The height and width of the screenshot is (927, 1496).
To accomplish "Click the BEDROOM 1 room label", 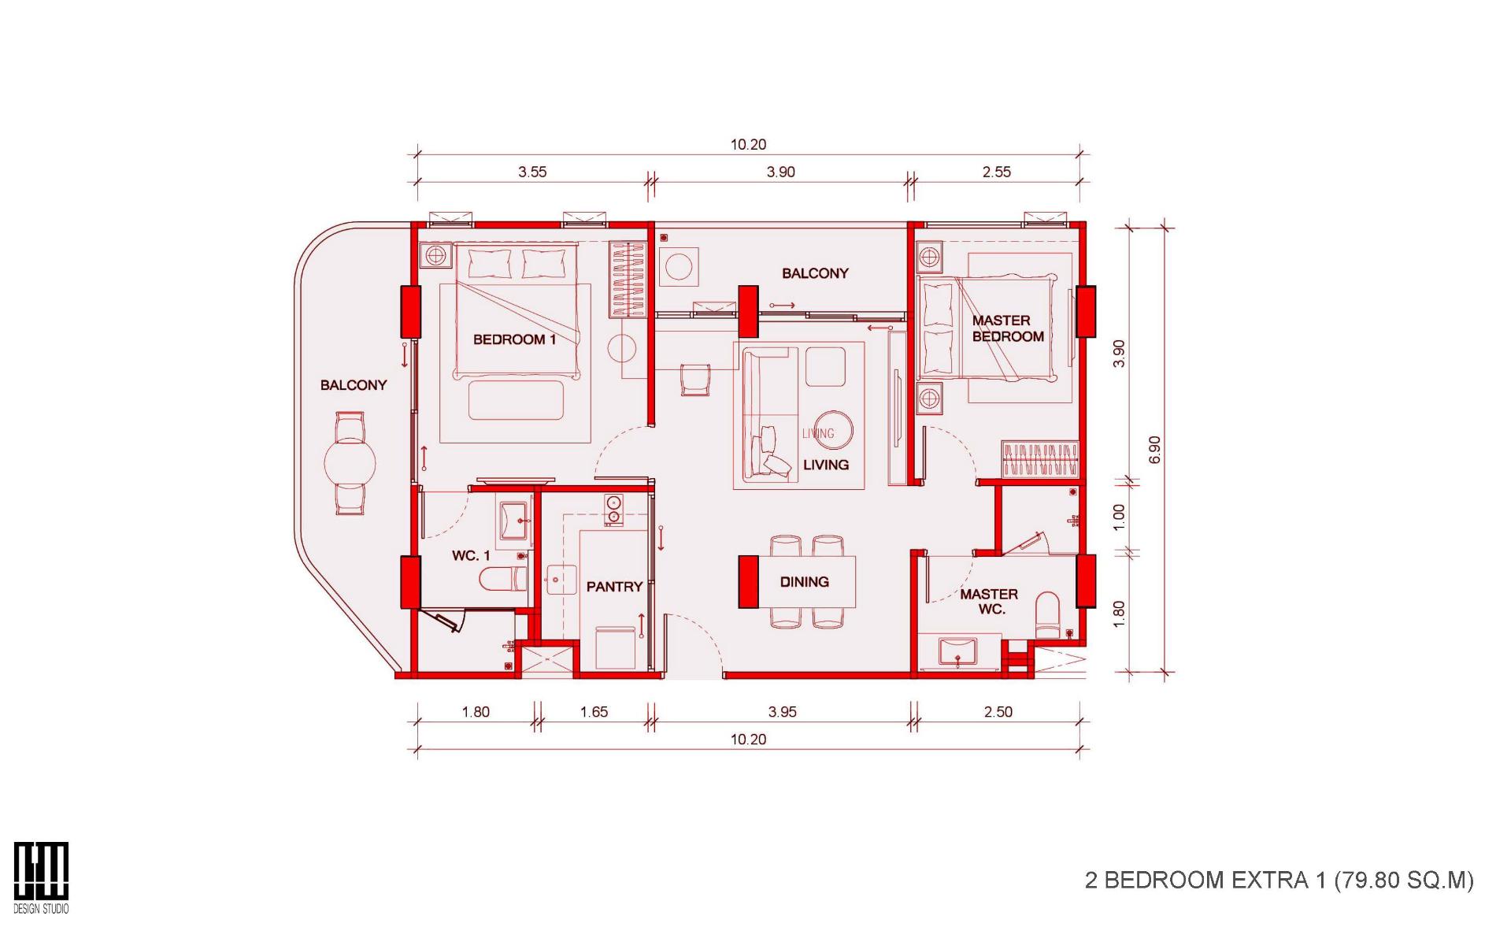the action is pyautogui.click(x=514, y=339).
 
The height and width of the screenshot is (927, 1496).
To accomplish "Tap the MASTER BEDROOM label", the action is pyautogui.click(x=1007, y=328).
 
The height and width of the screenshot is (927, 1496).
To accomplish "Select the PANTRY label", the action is pyautogui.click(x=614, y=587).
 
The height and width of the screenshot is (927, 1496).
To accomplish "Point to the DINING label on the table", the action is pyautogui.click(x=804, y=582).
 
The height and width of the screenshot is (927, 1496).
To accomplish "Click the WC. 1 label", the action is pyautogui.click(x=471, y=556).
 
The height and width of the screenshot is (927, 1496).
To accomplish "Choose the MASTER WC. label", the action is pyautogui.click(x=989, y=602).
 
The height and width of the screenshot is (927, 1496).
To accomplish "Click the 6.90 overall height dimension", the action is pyautogui.click(x=1154, y=450).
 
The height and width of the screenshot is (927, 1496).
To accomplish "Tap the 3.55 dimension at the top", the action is pyautogui.click(x=532, y=172).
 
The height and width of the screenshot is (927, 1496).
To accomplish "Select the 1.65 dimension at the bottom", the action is pyautogui.click(x=594, y=712).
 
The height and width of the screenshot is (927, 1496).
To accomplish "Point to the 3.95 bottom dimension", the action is pyautogui.click(x=782, y=712).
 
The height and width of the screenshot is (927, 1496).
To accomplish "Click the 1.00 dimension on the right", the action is pyautogui.click(x=1119, y=517).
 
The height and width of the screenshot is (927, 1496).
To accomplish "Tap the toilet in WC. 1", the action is pyautogui.click(x=504, y=580).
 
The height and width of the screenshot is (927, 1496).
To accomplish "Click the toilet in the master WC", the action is pyautogui.click(x=1048, y=614).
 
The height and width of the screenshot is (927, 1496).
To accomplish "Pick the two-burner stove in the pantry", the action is pyautogui.click(x=613, y=510).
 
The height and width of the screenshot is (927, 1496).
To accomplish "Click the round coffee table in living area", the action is pyautogui.click(x=834, y=430).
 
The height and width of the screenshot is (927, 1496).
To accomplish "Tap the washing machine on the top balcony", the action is pyautogui.click(x=676, y=266).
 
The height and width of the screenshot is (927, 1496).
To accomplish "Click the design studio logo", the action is pyautogui.click(x=41, y=877).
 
